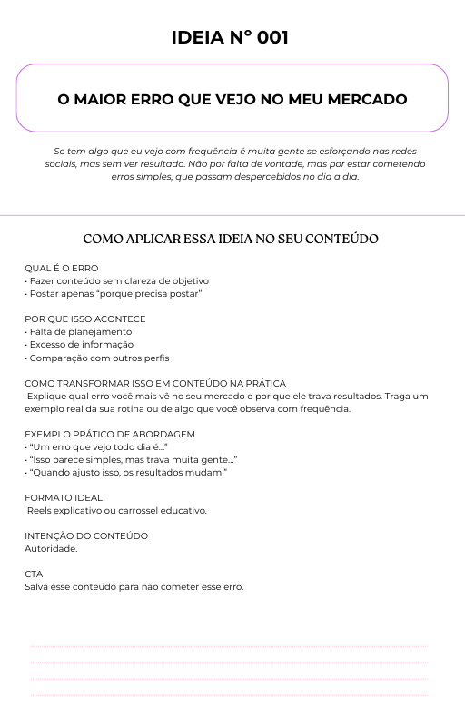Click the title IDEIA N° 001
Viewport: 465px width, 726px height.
(x=232, y=38)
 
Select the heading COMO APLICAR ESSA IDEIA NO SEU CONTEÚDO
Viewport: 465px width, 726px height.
(x=231, y=240)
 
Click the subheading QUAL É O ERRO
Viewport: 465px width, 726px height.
(x=61, y=269)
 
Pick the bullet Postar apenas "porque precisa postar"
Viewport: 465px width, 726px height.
(x=113, y=294)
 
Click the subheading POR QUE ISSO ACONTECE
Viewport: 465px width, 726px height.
(x=84, y=319)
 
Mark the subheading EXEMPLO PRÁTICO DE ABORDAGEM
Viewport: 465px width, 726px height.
(x=109, y=435)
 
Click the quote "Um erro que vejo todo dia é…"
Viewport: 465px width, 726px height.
(x=96, y=447)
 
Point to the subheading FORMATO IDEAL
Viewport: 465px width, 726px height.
(x=64, y=498)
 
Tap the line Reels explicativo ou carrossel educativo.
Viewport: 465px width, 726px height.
(x=117, y=511)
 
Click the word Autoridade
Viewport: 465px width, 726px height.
(x=51, y=549)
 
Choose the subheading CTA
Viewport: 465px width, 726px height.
(x=34, y=574)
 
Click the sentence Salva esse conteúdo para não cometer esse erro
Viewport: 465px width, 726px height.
(x=134, y=587)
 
